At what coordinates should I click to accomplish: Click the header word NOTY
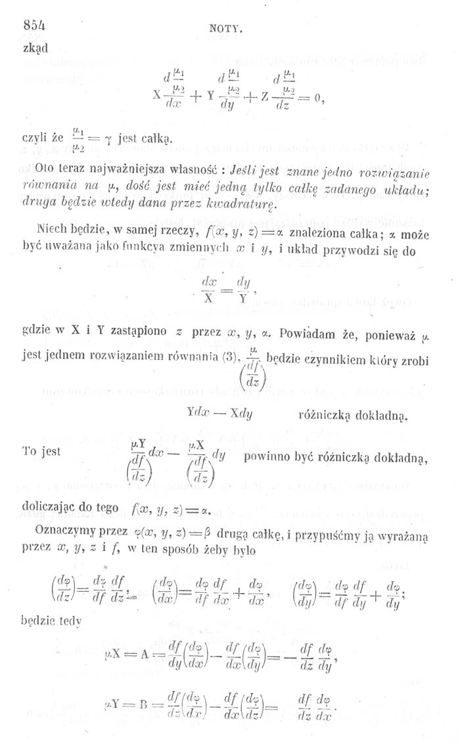227,29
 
